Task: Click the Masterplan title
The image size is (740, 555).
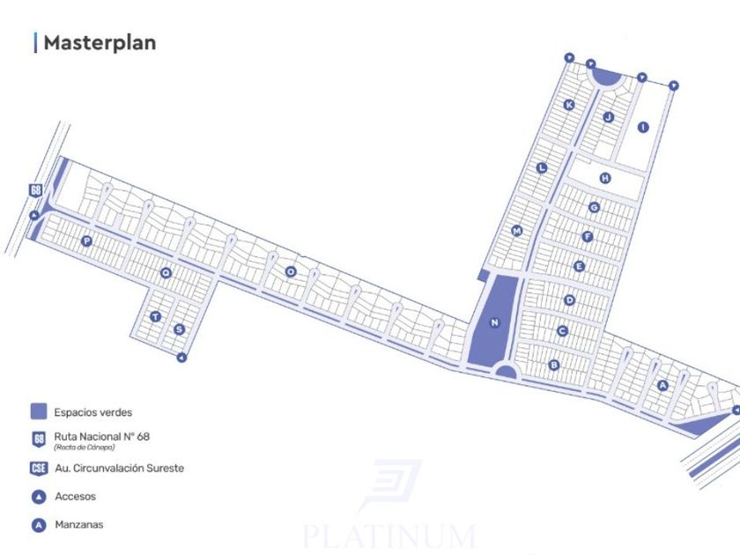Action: coord(99,42)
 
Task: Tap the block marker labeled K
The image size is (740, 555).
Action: coord(569,105)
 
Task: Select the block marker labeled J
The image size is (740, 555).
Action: coord(608,117)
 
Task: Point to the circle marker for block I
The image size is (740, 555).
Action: coord(643,127)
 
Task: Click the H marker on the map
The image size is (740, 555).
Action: coord(605,178)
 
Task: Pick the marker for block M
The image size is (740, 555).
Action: coord(517,231)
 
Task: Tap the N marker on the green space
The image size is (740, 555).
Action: coord(494,322)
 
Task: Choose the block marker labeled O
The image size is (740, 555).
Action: coord(290,271)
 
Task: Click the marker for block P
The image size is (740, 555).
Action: coord(86,240)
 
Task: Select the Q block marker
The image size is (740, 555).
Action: coord(165,274)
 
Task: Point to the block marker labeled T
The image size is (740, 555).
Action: coord(155,316)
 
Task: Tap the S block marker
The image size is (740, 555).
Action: coord(179,329)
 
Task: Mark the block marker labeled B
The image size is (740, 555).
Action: coord(554,365)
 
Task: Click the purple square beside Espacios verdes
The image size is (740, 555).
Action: coord(39,411)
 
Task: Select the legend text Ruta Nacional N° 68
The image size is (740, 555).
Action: coord(95,435)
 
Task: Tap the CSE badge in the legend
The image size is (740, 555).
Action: coord(39,469)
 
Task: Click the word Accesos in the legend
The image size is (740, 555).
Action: coord(75,496)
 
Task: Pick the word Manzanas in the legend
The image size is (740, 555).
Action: coord(78,524)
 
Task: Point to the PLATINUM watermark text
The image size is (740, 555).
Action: coord(388,535)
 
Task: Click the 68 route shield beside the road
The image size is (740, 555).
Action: coord(36,190)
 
